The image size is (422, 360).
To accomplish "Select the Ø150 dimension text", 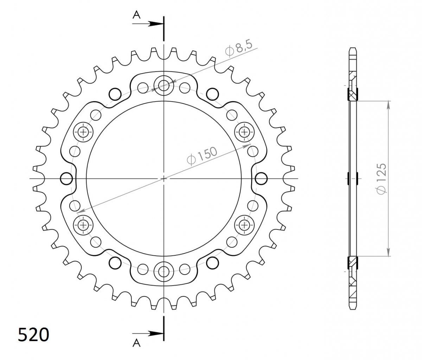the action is (x=202, y=156).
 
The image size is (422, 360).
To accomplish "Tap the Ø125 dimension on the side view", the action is (x=381, y=179).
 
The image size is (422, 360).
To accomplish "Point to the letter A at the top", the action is (x=136, y=15).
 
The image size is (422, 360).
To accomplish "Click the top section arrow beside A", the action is (x=148, y=24).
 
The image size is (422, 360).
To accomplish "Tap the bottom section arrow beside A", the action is (x=148, y=334).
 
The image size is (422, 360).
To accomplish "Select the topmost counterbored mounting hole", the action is (x=164, y=85).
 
